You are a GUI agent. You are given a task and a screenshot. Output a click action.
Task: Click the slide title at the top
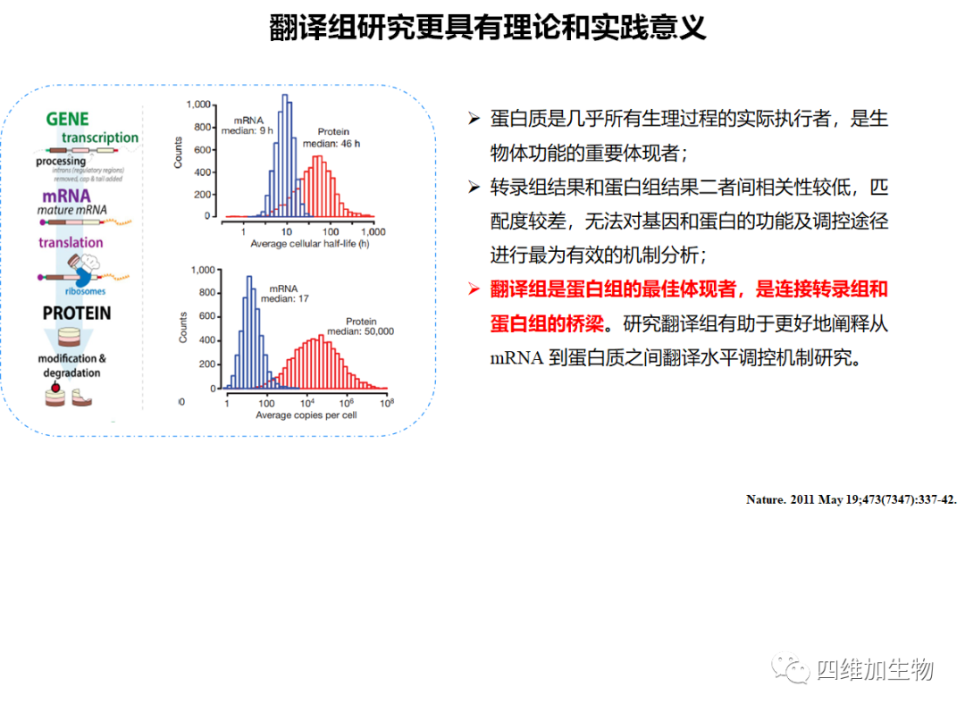pyautogui.click(x=487, y=28)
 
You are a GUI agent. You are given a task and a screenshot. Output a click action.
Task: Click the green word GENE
pyautogui.click(x=68, y=120)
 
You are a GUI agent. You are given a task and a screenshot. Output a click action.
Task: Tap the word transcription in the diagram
pyautogui.click(x=100, y=138)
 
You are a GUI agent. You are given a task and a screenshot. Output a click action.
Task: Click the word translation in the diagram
pyautogui.click(x=71, y=242)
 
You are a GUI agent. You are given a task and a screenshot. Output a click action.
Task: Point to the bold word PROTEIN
pyautogui.click(x=77, y=314)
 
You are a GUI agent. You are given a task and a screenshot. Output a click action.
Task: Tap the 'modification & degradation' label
pyautogui.click(x=72, y=365)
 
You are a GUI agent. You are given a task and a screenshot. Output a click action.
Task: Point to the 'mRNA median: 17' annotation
pyautogui.click(x=284, y=293)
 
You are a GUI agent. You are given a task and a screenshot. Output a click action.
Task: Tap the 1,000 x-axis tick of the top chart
pyautogui.click(x=371, y=230)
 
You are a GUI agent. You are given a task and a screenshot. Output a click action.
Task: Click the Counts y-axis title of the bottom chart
pyautogui.click(x=183, y=328)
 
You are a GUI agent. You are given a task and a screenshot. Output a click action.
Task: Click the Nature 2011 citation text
pyautogui.click(x=851, y=500)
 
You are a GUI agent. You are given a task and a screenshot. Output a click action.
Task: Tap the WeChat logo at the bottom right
pyautogui.click(x=792, y=669)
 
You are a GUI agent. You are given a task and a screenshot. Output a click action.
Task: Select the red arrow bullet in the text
pyautogui.click(x=474, y=289)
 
